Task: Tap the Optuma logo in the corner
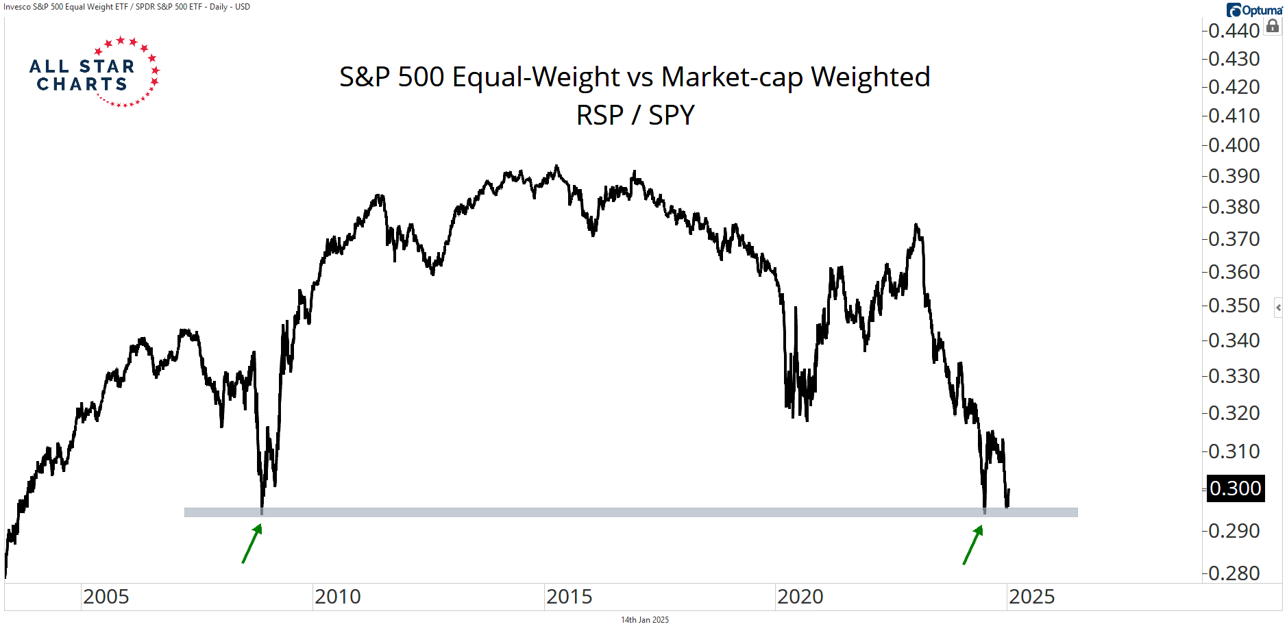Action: (1254, 10)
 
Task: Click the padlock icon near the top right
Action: (1273, 27)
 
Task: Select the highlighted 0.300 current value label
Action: (1235, 488)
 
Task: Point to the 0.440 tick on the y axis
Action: (1234, 31)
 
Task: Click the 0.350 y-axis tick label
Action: (1234, 306)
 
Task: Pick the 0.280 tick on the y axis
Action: (1234, 573)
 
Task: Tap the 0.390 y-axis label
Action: (1234, 176)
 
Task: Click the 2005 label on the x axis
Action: (106, 597)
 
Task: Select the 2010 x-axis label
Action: (337, 597)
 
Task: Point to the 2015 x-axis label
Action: (569, 597)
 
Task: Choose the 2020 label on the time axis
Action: (800, 597)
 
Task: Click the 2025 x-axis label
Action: (1031, 597)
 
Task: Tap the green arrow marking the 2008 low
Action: (252, 544)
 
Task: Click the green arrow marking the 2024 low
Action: (972, 545)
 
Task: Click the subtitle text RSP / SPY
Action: (635, 115)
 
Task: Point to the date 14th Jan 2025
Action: (644, 620)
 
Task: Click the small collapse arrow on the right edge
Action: (1278, 308)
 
